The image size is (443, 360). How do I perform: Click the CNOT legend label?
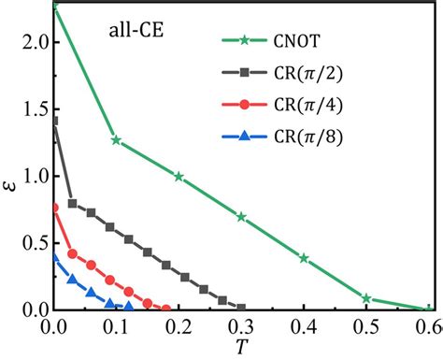coord(296,41)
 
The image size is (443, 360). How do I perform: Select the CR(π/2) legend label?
coord(308,74)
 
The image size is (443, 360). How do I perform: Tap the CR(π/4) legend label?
coord(308,105)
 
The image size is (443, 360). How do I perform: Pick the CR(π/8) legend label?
coord(308,137)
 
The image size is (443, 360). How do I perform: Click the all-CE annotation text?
coord(136,31)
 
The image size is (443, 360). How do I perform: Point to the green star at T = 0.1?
coord(116,140)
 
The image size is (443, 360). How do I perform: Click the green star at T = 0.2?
coord(179,177)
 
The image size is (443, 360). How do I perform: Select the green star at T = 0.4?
coord(304,258)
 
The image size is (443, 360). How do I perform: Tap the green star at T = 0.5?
coord(366,298)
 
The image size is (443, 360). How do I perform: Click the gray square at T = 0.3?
coord(241,309)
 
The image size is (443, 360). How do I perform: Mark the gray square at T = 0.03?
coord(72,204)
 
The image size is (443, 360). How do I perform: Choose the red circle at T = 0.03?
coord(72,253)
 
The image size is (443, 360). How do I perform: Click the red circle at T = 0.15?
coord(148,303)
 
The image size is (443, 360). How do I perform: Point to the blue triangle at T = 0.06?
coord(91,293)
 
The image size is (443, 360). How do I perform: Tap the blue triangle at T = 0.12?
coord(129,307)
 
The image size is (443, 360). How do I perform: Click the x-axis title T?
coord(241,346)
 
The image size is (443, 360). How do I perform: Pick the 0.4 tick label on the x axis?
coord(304,327)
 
